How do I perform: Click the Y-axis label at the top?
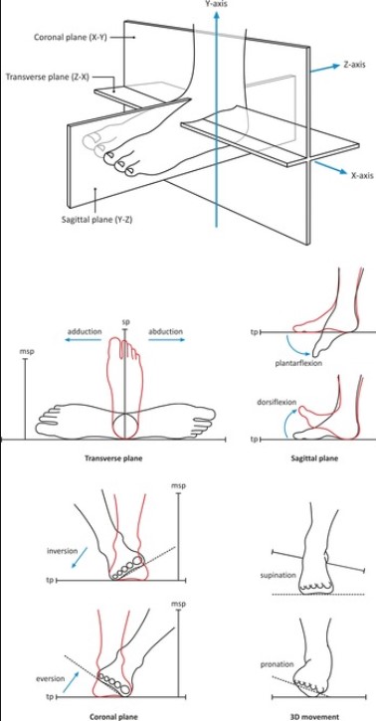216,4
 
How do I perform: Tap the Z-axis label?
354,65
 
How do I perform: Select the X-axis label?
362,175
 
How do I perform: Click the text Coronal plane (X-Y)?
71,37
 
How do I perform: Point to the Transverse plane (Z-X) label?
48,77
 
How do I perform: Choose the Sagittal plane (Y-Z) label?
97,220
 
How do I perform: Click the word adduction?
85,331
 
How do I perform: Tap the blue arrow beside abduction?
167,340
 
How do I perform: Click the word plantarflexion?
298,363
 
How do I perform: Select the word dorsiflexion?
277,402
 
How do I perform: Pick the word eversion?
50,678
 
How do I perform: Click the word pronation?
277,664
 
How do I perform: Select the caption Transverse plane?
113,458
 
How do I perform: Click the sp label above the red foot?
125,322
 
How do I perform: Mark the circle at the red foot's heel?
124,425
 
